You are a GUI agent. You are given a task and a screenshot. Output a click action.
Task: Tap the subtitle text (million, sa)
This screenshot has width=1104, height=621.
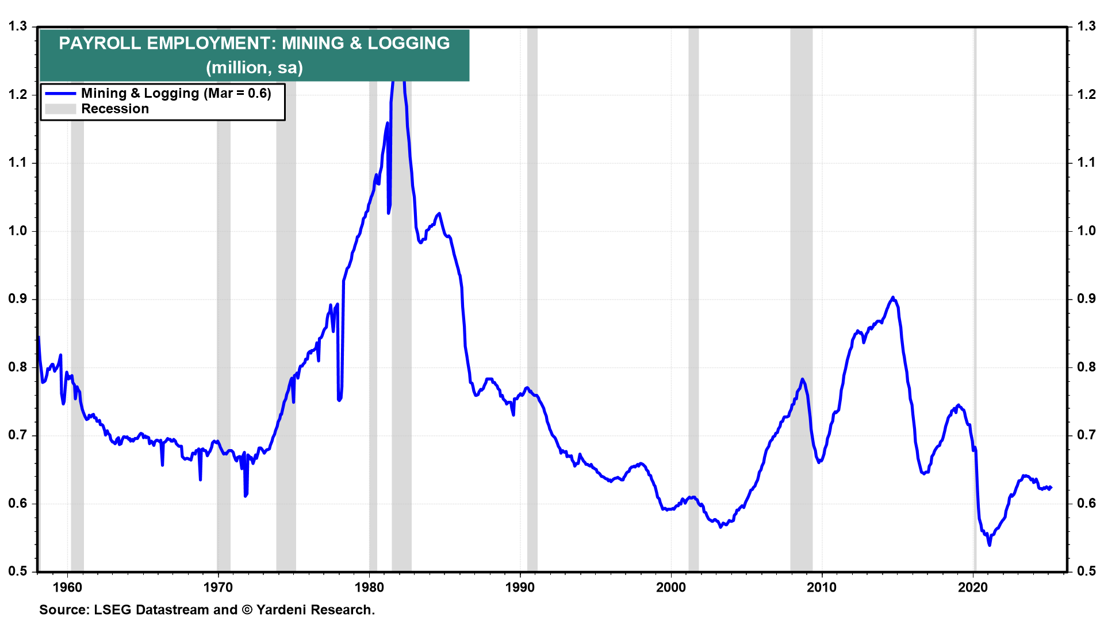point(254,68)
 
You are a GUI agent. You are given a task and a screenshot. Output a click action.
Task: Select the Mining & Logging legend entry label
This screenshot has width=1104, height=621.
point(176,93)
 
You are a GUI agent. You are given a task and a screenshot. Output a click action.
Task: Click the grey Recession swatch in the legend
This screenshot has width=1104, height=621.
point(60,109)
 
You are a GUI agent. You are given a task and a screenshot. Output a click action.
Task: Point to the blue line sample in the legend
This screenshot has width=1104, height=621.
point(60,93)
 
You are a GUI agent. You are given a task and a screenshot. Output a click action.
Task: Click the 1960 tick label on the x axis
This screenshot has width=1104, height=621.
point(67,587)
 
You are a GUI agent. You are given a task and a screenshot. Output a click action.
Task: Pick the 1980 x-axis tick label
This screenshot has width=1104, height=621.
point(369,587)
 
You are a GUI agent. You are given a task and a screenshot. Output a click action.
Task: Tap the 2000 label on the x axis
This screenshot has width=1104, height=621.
point(671,587)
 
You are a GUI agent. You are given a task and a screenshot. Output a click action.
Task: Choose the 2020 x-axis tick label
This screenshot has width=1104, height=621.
point(973,587)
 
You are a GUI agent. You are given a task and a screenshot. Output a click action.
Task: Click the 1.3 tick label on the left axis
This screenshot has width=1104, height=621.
point(17,26)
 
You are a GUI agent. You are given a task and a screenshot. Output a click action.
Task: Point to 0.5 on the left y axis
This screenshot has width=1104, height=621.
point(17,571)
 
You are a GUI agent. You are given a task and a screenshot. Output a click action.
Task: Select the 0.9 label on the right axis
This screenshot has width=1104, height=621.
point(1086,299)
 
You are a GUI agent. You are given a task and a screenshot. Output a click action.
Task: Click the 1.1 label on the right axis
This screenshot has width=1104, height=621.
point(1086,163)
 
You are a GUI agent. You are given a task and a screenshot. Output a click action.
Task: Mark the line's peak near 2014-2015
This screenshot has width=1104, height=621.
point(892,297)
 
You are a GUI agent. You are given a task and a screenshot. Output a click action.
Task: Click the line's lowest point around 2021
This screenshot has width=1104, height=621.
point(989,545)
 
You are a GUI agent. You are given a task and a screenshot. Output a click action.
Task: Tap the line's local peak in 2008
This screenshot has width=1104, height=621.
point(802,379)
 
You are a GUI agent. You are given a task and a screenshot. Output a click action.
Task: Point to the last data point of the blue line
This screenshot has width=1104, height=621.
point(1051,488)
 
